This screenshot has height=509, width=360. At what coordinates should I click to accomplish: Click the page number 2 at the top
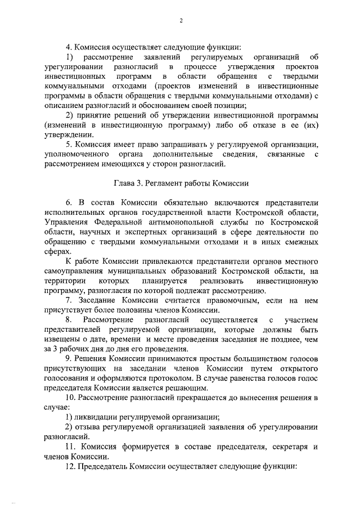[181, 21]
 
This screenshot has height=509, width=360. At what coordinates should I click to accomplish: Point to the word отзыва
[89, 426]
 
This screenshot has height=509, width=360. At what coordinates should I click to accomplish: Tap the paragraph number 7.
[69, 300]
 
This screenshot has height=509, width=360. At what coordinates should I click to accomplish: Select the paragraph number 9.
[69, 359]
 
